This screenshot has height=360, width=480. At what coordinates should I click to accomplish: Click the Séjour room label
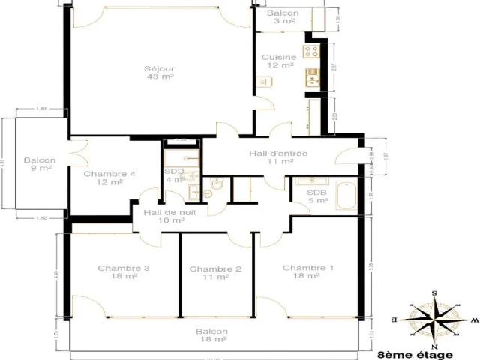click(x=160, y=72)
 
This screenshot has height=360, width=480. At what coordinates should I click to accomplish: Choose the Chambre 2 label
click(x=215, y=273)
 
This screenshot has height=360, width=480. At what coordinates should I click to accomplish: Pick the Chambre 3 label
click(x=124, y=271)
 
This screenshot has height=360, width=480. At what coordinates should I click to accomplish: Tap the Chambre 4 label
click(x=109, y=178)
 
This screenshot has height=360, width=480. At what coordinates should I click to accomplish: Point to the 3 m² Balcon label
click(x=283, y=18)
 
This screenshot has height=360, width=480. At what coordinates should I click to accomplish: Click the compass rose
click(x=433, y=318)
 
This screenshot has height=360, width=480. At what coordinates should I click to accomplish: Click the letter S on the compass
click(x=433, y=292)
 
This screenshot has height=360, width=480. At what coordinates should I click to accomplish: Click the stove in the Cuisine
click(x=310, y=51)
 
